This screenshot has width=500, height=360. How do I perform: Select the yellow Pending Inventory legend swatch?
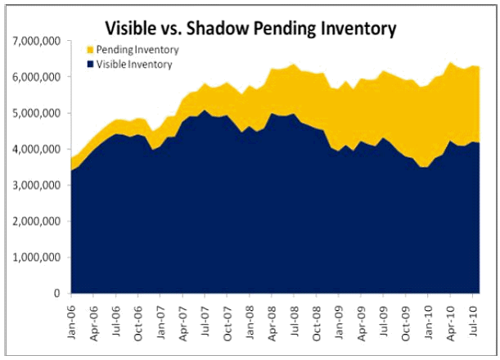click(88, 50)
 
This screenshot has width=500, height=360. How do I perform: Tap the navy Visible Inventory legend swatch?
click(88, 64)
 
